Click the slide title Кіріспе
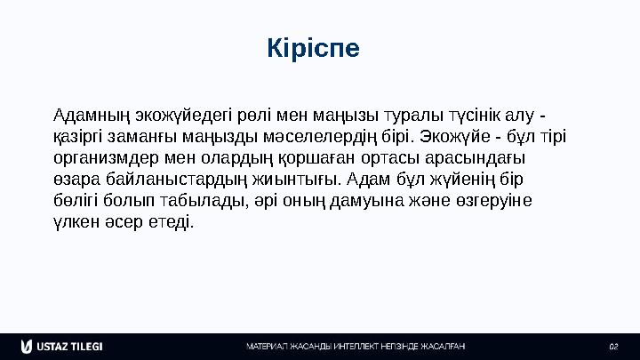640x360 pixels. [x=314, y=48]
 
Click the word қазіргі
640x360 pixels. [x=76, y=138]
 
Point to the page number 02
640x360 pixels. [x=612, y=346]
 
